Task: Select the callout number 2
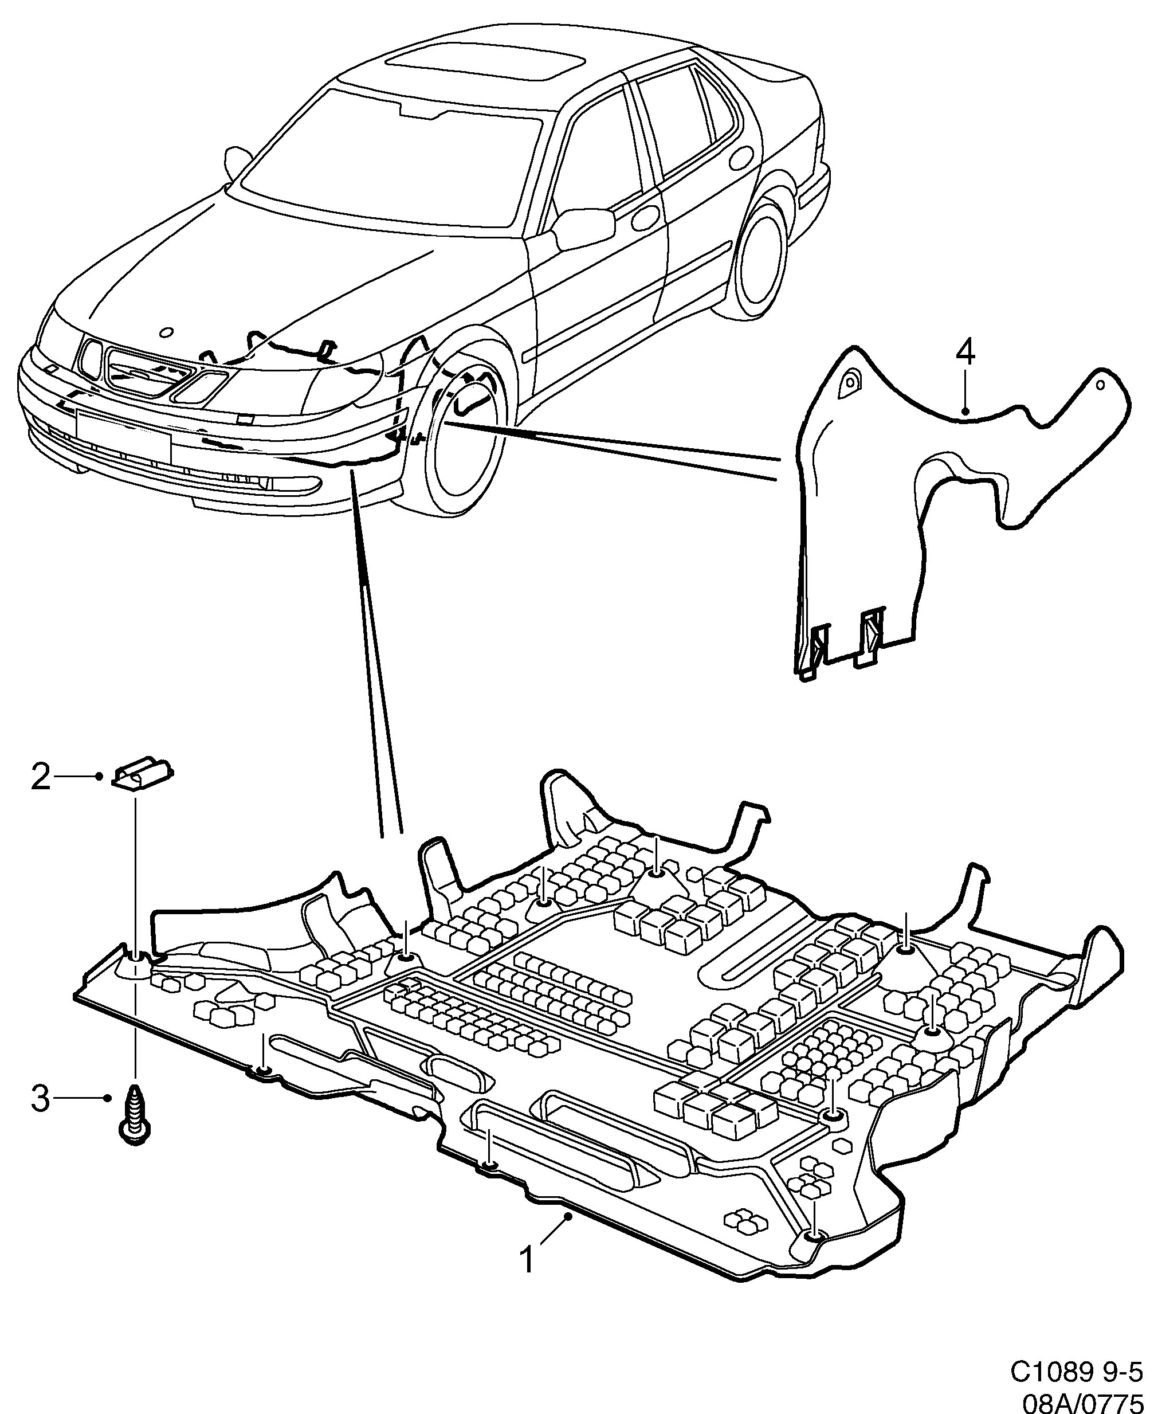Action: click(x=41, y=777)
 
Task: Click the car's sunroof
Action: click(x=486, y=65)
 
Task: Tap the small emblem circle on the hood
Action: click(x=167, y=332)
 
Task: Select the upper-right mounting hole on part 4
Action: click(x=1100, y=384)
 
